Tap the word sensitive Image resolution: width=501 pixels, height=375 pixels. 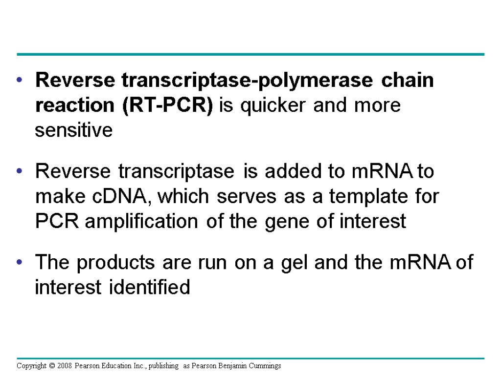(x=73, y=131)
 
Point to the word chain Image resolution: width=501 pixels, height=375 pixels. (x=408, y=80)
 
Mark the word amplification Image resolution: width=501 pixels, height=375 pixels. (x=142, y=221)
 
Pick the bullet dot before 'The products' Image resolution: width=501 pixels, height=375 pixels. (x=20, y=263)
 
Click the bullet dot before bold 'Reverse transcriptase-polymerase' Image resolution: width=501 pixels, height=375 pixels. (x=20, y=81)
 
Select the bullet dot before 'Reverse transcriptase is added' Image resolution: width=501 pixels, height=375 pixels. (x=20, y=172)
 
